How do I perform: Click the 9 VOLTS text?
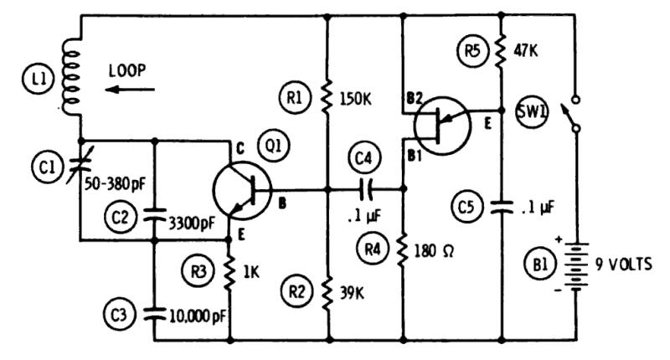[x=623, y=265]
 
